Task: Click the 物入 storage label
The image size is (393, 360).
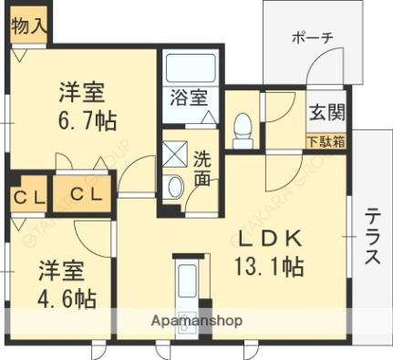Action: click(28, 26)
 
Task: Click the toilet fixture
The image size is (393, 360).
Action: click(243, 131)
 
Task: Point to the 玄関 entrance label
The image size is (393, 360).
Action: click(326, 114)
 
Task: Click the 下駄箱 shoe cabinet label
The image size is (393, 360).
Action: click(325, 140)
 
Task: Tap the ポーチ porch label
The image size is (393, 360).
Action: click(313, 37)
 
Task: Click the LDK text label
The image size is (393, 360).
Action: click(270, 240)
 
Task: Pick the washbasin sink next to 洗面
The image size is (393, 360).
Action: click(174, 186)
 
